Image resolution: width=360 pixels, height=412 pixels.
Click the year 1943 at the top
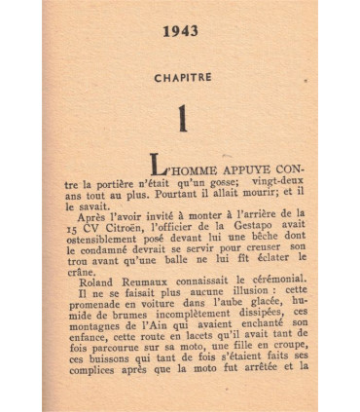(181, 32)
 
